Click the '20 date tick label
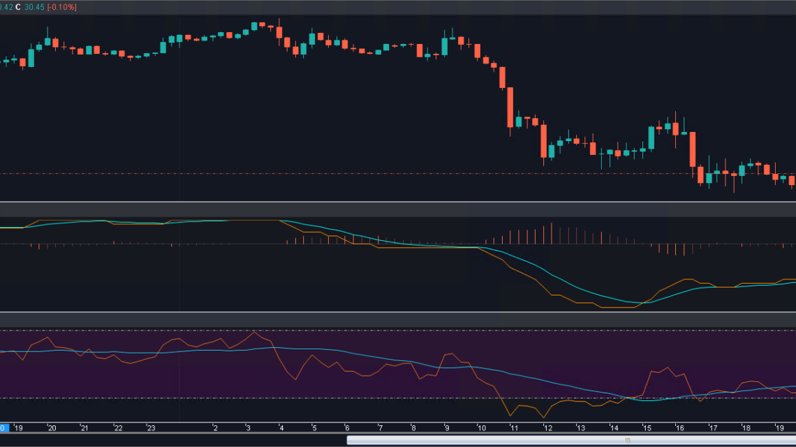tap(52, 428)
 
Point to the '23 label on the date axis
tap(151, 428)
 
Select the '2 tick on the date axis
tap(215, 428)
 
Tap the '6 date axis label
tap(346, 428)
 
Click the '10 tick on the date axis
tap(481, 428)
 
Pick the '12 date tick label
tap(548, 428)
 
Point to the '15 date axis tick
tap(647, 428)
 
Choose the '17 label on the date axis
tap(714, 428)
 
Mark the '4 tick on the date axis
tap(281, 428)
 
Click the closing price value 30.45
tap(34, 7)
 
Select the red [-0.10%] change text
tap(62, 7)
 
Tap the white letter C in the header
tap(17, 7)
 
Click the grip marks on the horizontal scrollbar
tap(627, 440)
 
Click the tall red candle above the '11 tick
tap(510, 107)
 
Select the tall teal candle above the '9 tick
tap(444, 47)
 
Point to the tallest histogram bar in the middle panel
tap(552, 233)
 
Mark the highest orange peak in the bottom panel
tap(254, 332)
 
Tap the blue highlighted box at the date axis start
tap(3, 428)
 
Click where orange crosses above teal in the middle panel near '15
tap(644, 303)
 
